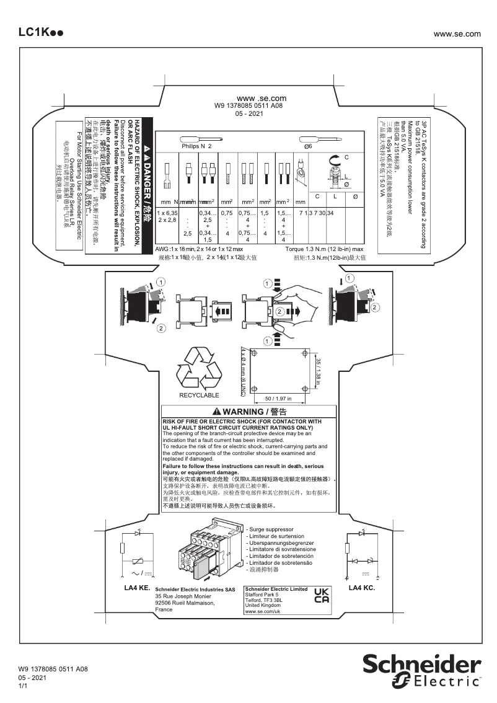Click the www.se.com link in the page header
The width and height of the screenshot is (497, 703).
click(457, 33)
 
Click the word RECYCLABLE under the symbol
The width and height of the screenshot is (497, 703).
click(199, 395)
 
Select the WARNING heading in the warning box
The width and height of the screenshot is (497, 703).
click(248, 412)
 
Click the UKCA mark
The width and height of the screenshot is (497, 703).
click(322, 596)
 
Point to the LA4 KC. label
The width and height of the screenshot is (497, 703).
click(362, 587)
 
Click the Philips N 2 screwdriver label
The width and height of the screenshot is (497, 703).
click(197, 146)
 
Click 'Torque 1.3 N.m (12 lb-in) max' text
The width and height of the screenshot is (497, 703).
click(325, 248)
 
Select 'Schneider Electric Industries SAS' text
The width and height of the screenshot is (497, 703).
click(195, 590)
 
